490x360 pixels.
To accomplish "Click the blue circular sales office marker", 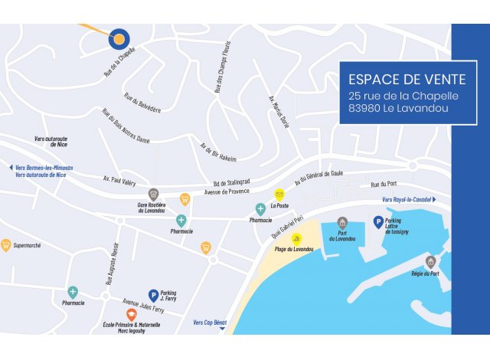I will click(119, 38).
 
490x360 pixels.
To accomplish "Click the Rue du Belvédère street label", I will click(142, 103).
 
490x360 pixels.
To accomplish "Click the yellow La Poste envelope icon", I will click(279, 195).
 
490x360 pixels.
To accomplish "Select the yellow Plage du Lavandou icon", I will click(296, 239).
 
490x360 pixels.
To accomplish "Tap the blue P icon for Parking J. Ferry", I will click(153, 294).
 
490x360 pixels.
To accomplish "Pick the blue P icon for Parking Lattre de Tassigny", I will click(377, 221).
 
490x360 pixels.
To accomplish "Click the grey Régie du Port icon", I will click(431, 262).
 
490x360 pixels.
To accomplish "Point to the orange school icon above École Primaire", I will click(131, 314).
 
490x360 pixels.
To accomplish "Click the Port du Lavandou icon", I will click(342, 223).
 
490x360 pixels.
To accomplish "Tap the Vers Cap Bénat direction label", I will click(210, 323).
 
